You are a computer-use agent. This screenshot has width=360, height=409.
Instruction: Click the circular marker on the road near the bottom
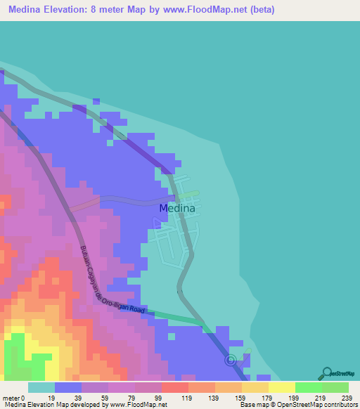click(x=230, y=361)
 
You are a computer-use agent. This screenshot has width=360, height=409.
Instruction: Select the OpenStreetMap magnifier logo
click(x=326, y=373)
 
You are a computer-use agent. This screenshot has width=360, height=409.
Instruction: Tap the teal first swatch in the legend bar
click(x=41, y=387)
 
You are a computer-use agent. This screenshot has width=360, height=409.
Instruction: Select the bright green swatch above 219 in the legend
click(x=308, y=387)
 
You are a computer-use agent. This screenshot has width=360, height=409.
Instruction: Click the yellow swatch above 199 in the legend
click(x=281, y=387)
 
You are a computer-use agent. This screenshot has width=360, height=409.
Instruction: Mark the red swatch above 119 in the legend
click(x=174, y=387)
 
